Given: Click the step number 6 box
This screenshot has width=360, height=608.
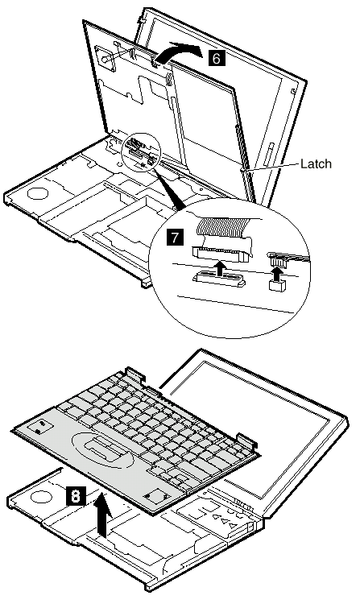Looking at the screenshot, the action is tap(216, 58).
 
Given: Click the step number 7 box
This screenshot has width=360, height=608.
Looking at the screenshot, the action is tap(175, 236).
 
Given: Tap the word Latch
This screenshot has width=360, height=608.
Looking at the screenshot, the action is tap(317, 163).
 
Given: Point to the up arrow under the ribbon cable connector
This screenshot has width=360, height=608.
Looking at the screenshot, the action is tap(220, 267).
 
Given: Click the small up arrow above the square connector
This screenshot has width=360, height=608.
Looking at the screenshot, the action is tap(275, 275).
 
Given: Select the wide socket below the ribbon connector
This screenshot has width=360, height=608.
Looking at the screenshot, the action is tap(218, 279).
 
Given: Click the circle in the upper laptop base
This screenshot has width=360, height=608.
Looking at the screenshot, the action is tap(38, 192).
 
